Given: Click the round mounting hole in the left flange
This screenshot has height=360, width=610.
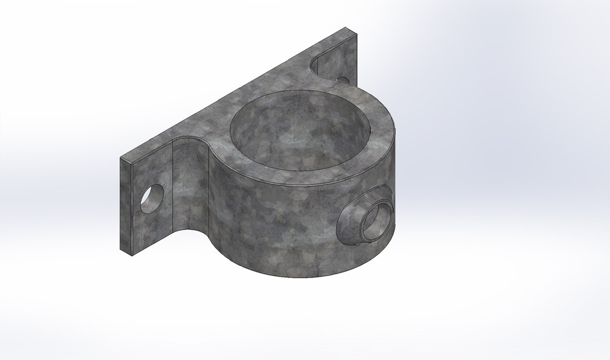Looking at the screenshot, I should [152, 199].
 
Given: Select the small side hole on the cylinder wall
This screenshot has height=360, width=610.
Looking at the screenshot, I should [370, 220].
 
